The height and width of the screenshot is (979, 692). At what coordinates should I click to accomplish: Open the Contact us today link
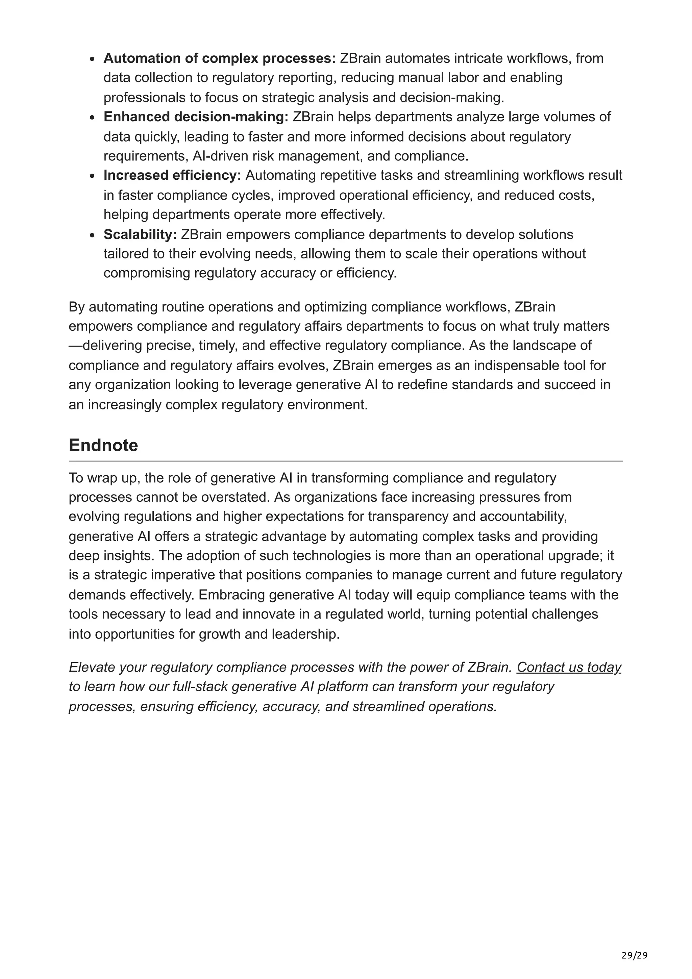(568, 667)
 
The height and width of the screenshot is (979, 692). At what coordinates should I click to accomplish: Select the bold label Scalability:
(140, 234)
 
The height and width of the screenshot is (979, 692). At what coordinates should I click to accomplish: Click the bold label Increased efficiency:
(172, 175)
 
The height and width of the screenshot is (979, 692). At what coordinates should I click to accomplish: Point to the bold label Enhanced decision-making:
(196, 117)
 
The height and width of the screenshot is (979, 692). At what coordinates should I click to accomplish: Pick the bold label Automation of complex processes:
(220, 58)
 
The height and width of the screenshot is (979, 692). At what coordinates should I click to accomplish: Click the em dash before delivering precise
(75, 345)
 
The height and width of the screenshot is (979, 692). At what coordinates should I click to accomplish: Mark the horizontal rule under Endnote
(345, 461)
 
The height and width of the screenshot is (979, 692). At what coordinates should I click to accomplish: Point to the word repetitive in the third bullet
(343, 175)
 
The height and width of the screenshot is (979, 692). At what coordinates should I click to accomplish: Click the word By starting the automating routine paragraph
(77, 307)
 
